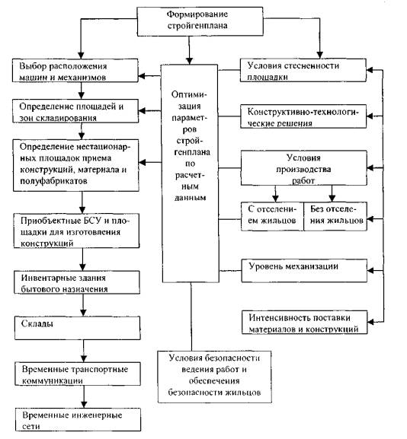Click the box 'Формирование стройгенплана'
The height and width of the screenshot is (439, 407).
click(x=200, y=21)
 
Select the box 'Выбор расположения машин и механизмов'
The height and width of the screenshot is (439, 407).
click(x=75, y=70)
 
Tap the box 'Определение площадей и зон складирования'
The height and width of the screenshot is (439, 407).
click(x=75, y=111)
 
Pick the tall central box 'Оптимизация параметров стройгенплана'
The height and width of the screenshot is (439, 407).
click(x=191, y=173)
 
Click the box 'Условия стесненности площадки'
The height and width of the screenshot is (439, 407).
click(x=303, y=70)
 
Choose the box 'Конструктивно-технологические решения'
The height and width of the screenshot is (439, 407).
click(x=303, y=116)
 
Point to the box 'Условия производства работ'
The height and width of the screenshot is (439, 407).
click(x=304, y=168)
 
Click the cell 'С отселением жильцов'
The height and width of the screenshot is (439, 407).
click(x=272, y=216)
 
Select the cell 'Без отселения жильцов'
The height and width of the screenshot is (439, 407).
click(x=335, y=216)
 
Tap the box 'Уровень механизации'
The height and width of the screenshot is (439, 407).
click(x=304, y=271)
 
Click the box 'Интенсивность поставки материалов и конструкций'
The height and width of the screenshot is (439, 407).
click(x=305, y=323)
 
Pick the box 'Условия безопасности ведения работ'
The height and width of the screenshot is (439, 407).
click(x=215, y=377)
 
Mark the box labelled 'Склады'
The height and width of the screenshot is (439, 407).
click(x=78, y=328)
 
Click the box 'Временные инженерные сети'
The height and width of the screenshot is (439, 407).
click(x=78, y=420)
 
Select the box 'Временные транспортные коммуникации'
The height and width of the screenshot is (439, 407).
click(x=78, y=374)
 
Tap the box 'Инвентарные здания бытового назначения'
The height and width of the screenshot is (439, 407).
click(x=77, y=282)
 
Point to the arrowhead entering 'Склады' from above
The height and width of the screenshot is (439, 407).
click(x=83, y=313)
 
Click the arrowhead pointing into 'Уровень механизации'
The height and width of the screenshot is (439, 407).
click(x=370, y=271)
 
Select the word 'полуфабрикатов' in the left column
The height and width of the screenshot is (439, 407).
click(x=53, y=181)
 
